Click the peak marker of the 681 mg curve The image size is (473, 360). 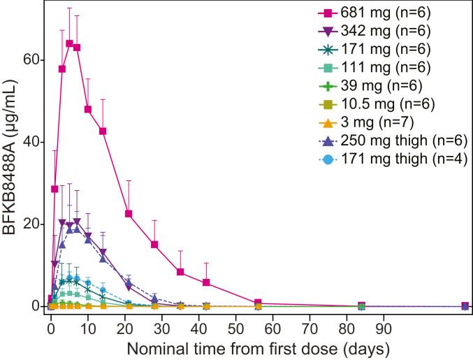click(x=69, y=43)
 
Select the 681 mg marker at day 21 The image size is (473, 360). click(x=129, y=213)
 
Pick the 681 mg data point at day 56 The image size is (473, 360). click(x=258, y=303)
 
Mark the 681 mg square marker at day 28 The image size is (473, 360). click(x=154, y=244)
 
